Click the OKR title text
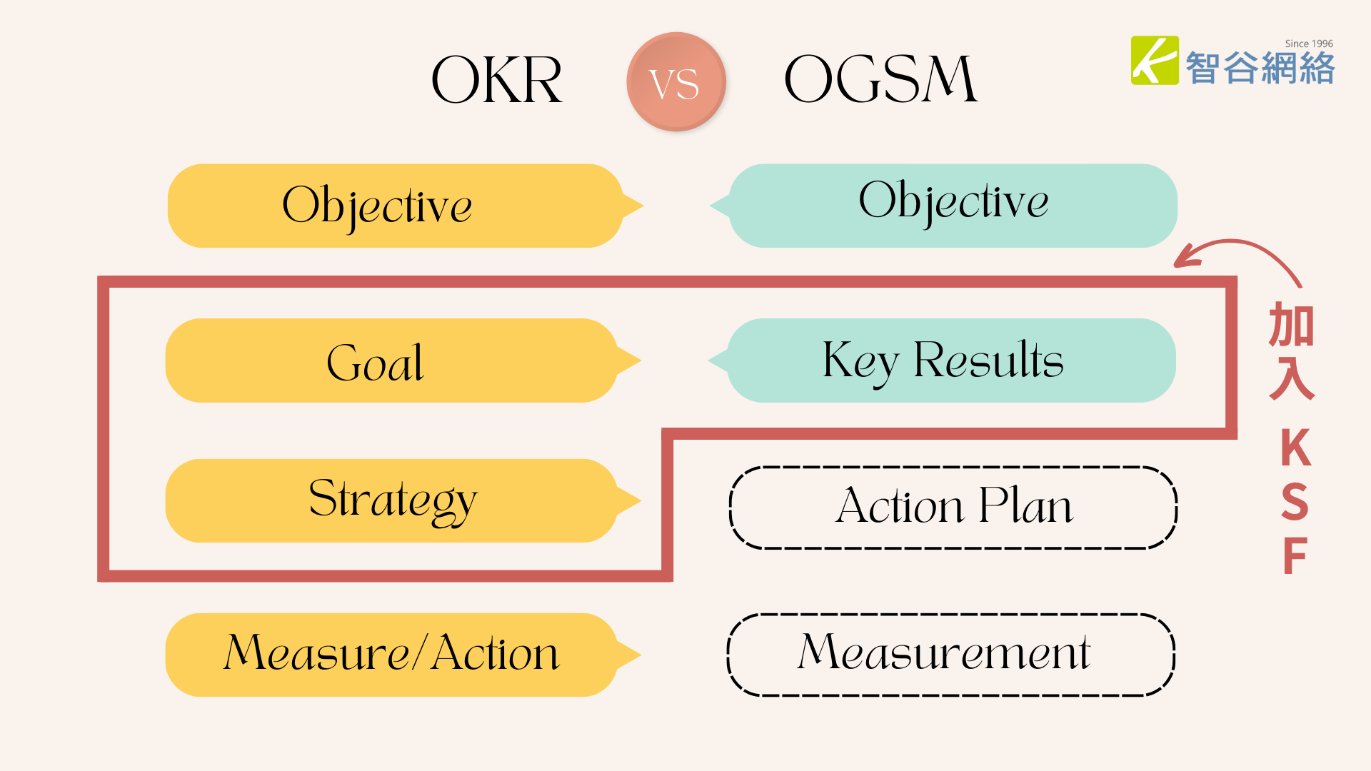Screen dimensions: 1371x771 tap(497, 80)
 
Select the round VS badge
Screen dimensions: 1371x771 tap(676, 81)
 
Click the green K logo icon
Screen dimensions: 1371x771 tap(1155, 61)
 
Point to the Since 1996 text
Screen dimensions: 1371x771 tap(1309, 44)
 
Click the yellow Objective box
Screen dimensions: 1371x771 tap(406, 206)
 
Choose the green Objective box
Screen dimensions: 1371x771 tap(943, 206)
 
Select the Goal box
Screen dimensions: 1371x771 tap(403, 361)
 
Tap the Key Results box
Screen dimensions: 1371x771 tap(942, 361)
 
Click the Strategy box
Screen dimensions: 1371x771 tap(403, 500)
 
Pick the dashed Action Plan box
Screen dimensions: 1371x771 tap(953, 508)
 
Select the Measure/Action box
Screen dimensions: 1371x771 tap(403, 655)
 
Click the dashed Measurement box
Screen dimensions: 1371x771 tap(951, 655)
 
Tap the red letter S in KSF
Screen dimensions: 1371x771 tap(1295, 501)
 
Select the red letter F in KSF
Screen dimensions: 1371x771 tap(1295, 555)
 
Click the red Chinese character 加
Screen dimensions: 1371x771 tap(1292, 325)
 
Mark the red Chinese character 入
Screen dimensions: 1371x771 tap(1292, 378)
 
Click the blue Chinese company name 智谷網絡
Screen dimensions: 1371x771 tap(1260, 69)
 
